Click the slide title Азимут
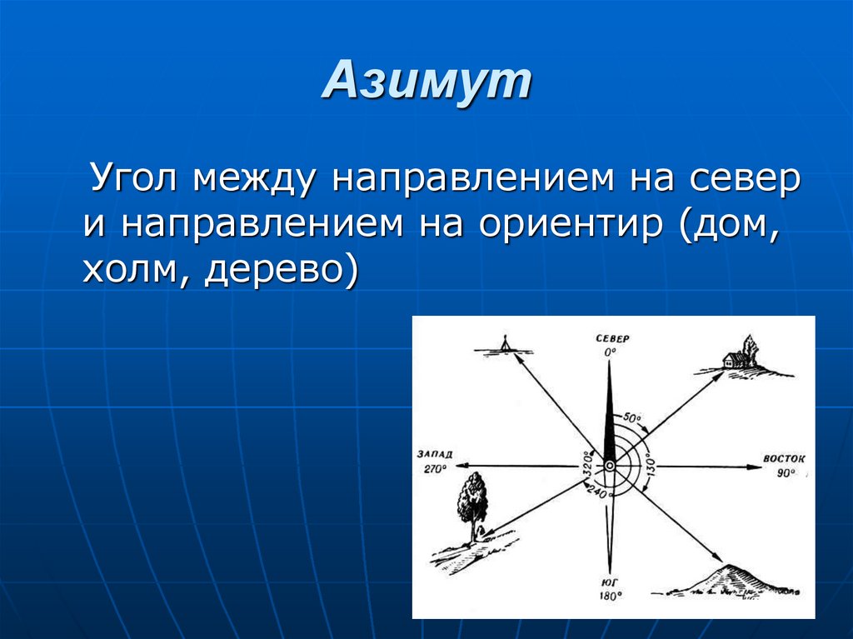(426, 82)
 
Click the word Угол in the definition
(136, 179)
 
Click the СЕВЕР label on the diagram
(611, 338)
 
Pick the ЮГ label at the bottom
(611, 582)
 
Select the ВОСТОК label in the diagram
(785, 459)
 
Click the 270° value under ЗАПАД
(434, 469)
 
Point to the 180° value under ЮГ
(611, 597)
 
